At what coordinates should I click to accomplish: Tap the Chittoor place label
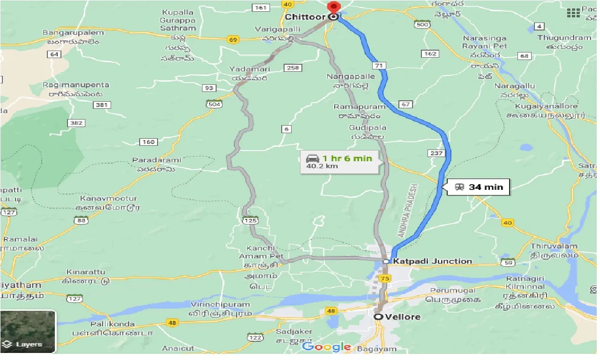pyautogui.click(x=305, y=17)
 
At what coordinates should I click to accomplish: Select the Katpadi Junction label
pyautogui.click(x=432, y=261)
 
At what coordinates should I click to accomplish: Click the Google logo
pyautogui.click(x=327, y=347)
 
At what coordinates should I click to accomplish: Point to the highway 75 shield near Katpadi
pyautogui.click(x=385, y=278)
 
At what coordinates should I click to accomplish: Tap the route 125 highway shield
pyautogui.click(x=248, y=220)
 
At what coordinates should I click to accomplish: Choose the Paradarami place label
pyautogui.click(x=157, y=160)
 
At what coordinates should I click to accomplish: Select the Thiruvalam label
pyautogui.click(x=554, y=246)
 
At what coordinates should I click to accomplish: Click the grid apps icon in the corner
pyautogui.click(x=573, y=13)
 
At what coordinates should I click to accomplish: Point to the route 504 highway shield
pyautogui.click(x=214, y=104)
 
